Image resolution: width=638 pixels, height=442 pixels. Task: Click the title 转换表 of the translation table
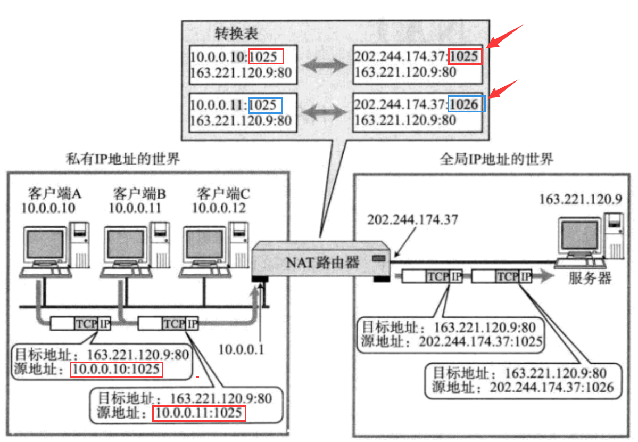[236, 34]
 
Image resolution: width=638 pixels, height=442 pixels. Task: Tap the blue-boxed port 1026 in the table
[467, 104]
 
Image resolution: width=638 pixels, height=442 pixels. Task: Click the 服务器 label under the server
[590, 278]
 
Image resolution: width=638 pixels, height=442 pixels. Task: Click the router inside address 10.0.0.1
[241, 349]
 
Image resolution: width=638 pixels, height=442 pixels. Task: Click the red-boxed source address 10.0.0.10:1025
[116, 369]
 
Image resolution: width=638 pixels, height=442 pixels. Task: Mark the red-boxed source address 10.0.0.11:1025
[198, 413]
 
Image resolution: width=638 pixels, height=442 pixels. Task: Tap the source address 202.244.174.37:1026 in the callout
[551, 388]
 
